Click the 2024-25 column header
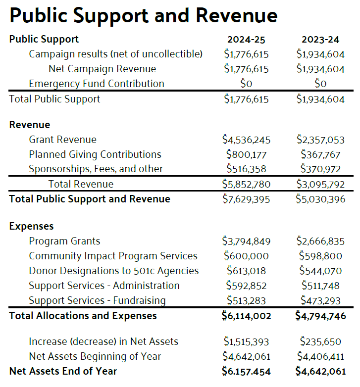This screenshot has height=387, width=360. coord(246,39)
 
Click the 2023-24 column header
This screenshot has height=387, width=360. coord(320,39)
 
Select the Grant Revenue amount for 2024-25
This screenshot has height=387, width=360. coord(246,140)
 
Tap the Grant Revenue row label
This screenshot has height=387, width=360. coord(62,140)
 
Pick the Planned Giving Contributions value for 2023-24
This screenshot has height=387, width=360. coord(320,154)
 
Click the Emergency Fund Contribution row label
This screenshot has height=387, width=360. coord(97,84)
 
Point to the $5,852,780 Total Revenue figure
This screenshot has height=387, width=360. coord(246,184)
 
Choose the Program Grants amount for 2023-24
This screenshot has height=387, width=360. coord(320,242)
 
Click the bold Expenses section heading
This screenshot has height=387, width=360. coord(31,227)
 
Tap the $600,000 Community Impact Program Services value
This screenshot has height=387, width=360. coord(246,256)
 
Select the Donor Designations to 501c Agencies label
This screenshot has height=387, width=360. coord(113,271)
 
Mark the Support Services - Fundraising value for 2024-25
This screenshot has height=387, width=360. coord(246,300)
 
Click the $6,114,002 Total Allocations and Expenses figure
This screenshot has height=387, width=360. coord(246,316)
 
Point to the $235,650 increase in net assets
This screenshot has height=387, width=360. coord(320,341)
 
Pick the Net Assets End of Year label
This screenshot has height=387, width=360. coord(63,371)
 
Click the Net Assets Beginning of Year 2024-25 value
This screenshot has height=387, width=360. coord(246,356)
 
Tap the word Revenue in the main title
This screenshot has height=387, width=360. coord(236,16)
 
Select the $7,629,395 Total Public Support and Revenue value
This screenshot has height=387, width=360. coord(246,199)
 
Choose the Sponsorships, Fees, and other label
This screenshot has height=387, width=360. coord(96,169)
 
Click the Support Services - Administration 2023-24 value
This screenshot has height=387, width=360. coord(320,286)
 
